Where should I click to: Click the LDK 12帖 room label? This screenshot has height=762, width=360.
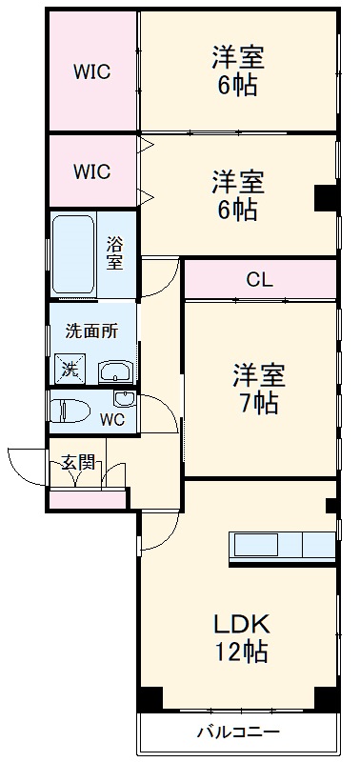[x=240, y=638]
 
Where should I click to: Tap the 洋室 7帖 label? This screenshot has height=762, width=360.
[x=255, y=389]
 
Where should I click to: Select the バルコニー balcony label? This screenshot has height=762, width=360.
[x=238, y=732]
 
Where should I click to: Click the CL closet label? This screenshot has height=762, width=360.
[x=258, y=280]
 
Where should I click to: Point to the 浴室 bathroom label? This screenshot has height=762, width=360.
[x=114, y=253]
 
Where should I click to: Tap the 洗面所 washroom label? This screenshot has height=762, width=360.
[x=91, y=331]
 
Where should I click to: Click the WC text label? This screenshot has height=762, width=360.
[x=111, y=420]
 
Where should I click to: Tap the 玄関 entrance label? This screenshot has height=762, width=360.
[x=78, y=463]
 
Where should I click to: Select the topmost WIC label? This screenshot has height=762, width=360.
[x=92, y=71]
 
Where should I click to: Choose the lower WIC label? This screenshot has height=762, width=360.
[x=92, y=172]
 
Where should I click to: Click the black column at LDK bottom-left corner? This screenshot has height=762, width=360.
[x=150, y=698]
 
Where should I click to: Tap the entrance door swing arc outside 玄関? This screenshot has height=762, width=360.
[x=21, y=461]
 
